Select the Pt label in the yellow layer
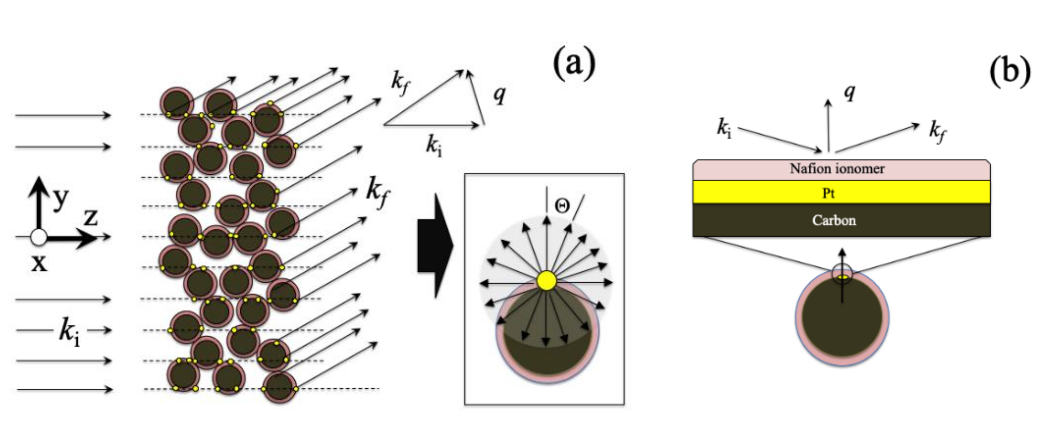pyautogui.click(x=829, y=193)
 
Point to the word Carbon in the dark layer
pyautogui.click(x=834, y=220)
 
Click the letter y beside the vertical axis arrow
pyautogui.click(x=60, y=200)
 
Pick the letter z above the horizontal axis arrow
pyautogui.click(x=91, y=218)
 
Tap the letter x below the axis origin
pyautogui.click(x=39, y=263)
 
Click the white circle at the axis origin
pyautogui.click(x=39, y=237)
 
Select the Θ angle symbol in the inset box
pyautogui.click(x=562, y=206)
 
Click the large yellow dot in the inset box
pyautogui.click(x=546, y=281)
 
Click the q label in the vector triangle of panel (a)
pyautogui.click(x=499, y=95)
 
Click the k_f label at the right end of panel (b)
pyautogui.click(x=938, y=132)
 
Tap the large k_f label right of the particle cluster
pyautogui.click(x=378, y=192)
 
